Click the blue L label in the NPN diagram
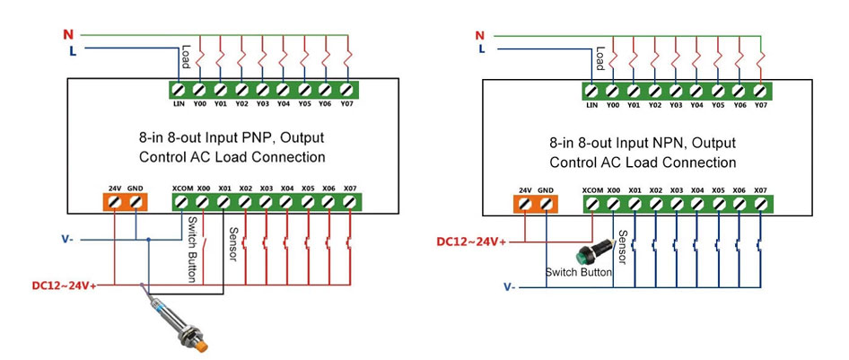[x=481, y=48]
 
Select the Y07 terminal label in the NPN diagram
[x=761, y=105]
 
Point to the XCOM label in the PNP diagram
[x=182, y=188]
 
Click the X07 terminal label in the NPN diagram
[x=760, y=190]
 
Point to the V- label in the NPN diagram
[x=509, y=287]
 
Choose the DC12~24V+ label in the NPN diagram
[x=471, y=241]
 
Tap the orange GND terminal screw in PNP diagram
[x=136, y=203]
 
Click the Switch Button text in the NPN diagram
[x=579, y=271]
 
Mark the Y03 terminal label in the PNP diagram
[x=263, y=103]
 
